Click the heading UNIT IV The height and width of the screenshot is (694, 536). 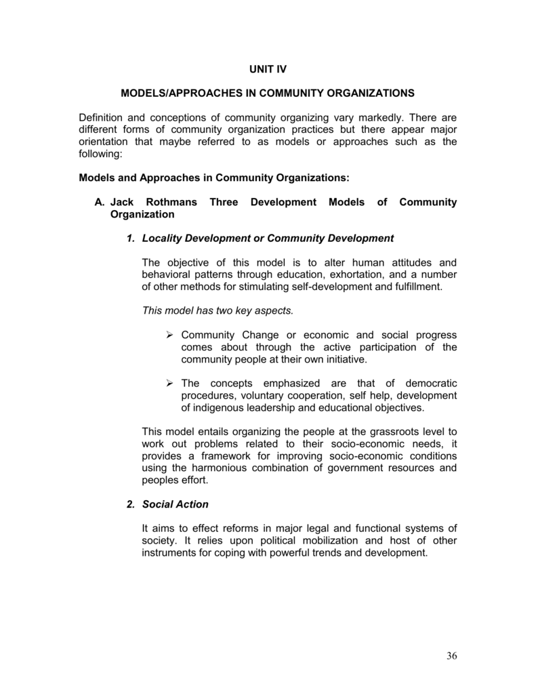pos(268,69)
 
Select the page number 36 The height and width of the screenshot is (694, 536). pos(452,655)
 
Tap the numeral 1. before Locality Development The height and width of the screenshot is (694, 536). pos(130,238)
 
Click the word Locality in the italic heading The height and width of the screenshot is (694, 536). pos(164,238)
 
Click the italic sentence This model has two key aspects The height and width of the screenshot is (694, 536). pos(218,310)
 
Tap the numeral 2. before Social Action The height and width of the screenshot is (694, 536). pos(130,504)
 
